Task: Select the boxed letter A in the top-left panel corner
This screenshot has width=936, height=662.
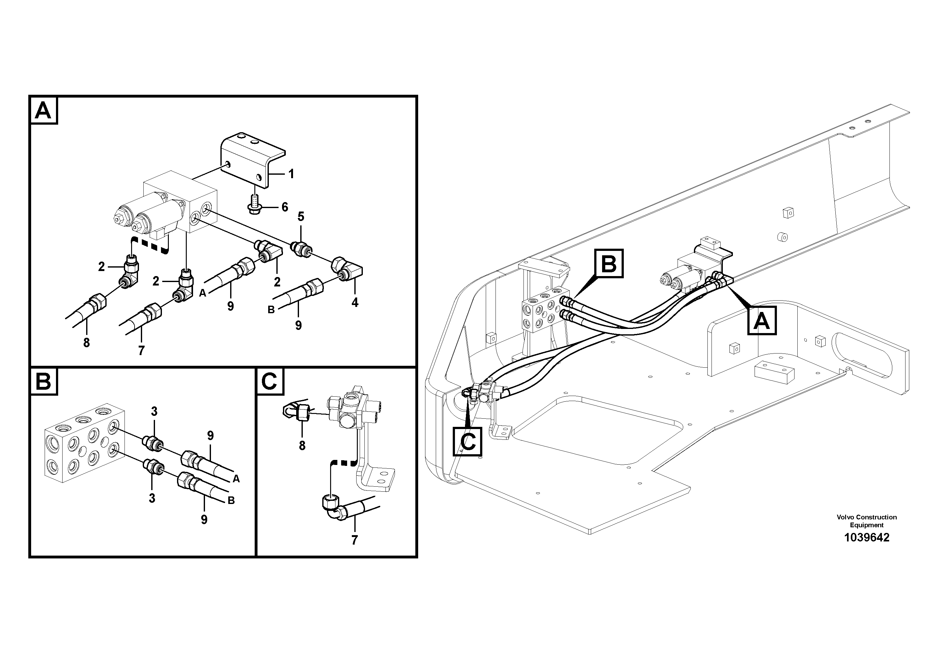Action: pos(43,110)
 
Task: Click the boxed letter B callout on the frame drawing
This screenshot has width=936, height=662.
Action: pos(609,264)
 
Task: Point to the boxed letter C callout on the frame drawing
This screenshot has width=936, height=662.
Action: pos(468,441)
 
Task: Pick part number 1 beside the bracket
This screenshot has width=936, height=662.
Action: pos(291,174)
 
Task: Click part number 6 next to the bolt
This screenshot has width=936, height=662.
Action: pos(285,207)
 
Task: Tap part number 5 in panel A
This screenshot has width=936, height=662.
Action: pos(301,217)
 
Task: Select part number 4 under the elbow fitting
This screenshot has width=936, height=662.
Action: pos(355,303)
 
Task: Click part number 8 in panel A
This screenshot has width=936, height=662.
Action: pos(86,343)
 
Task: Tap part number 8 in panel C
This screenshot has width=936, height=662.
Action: pos(302,446)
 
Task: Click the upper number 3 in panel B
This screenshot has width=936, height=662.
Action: pos(154,412)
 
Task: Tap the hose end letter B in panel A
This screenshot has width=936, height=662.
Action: pos(271,310)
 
